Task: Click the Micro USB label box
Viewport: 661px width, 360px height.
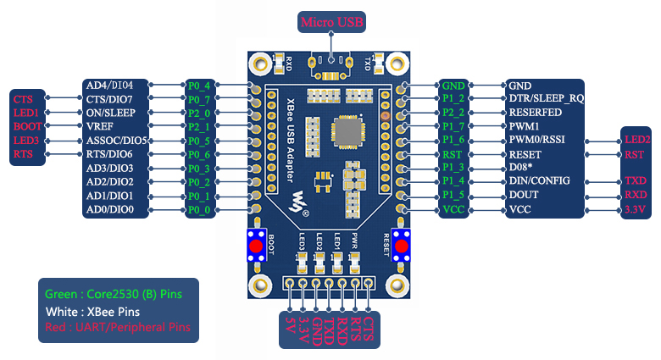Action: click(x=330, y=21)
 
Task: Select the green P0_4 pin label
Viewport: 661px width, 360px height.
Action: click(x=199, y=86)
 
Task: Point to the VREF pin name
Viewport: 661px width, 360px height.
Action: click(x=99, y=126)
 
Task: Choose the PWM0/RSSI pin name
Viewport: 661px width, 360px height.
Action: click(x=536, y=140)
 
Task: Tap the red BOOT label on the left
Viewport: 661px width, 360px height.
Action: click(x=25, y=126)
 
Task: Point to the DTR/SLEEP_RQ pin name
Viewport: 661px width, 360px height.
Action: click(x=546, y=99)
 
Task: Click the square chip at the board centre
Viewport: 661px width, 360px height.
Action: click(x=350, y=131)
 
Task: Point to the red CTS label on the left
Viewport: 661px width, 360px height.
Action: click(x=24, y=99)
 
